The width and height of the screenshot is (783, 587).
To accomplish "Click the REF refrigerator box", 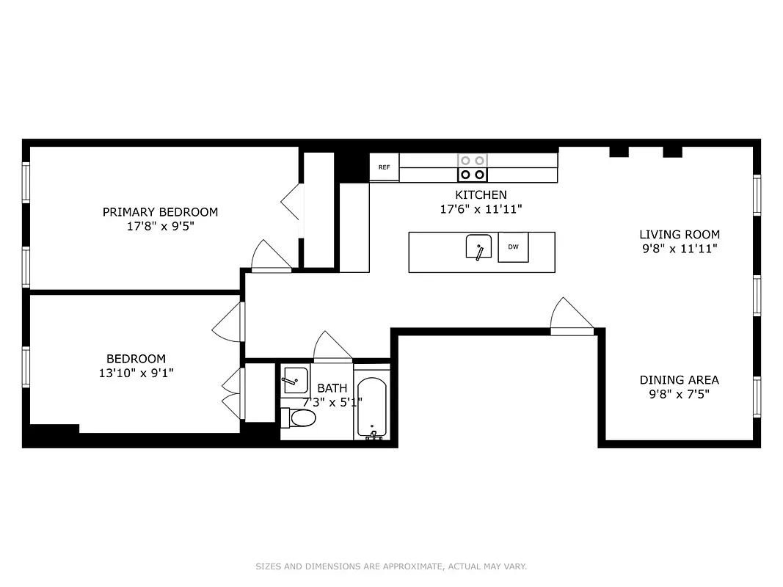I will (384, 167).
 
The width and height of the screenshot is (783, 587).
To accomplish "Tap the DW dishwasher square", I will (513, 247).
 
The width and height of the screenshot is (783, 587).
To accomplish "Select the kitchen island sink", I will (478, 248).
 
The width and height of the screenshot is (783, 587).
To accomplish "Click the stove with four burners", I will (472, 167).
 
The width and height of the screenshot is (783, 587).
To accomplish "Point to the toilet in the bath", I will (299, 418).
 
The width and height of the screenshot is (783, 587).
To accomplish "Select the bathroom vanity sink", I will (295, 380).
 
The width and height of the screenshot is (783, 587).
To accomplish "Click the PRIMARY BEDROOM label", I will (160, 212).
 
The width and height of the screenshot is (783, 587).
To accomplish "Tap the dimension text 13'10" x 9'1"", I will (136, 373).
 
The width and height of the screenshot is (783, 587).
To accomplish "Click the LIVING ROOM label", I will (679, 235).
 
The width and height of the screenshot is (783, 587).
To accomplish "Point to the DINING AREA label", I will (679, 380).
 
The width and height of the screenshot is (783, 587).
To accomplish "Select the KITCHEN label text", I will (481, 195).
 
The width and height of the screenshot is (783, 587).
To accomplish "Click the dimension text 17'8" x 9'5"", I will (160, 226).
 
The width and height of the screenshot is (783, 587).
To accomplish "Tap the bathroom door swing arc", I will (332, 347).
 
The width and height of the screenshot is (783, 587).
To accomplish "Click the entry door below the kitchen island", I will (571, 317).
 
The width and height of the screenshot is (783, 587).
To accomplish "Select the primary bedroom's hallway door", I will (270, 256).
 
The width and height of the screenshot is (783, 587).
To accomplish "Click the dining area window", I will (757, 396).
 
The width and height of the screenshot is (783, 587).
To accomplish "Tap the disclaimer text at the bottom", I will (391, 566).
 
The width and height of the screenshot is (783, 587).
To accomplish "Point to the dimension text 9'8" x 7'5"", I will (679, 394).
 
